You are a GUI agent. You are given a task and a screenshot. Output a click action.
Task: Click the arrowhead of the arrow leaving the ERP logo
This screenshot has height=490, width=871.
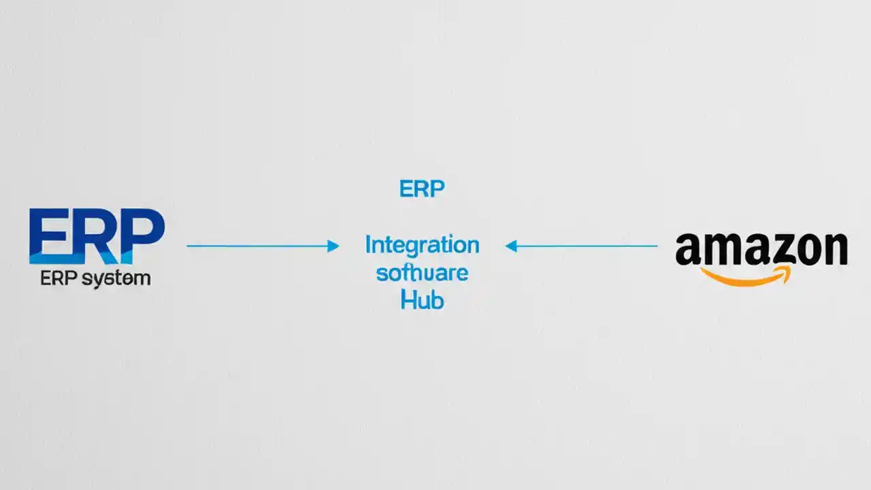click(x=333, y=246)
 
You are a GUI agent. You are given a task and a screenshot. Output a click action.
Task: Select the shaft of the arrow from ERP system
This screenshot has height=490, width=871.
click(x=259, y=246)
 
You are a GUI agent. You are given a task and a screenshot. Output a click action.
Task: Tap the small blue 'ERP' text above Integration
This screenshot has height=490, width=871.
click(x=422, y=189)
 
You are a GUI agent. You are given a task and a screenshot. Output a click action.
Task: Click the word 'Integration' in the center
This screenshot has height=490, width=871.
click(x=422, y=245)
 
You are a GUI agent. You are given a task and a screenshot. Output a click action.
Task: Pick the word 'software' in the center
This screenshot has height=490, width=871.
click(x=422, y=273)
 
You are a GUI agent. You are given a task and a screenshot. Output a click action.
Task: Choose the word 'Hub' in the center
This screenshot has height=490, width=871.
click(x=422, y=299)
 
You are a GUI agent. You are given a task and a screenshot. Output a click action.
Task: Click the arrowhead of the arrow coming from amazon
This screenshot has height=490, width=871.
click(x=511, y=246)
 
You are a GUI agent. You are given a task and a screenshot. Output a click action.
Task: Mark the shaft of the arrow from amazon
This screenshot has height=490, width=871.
click(x=585, y=246)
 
